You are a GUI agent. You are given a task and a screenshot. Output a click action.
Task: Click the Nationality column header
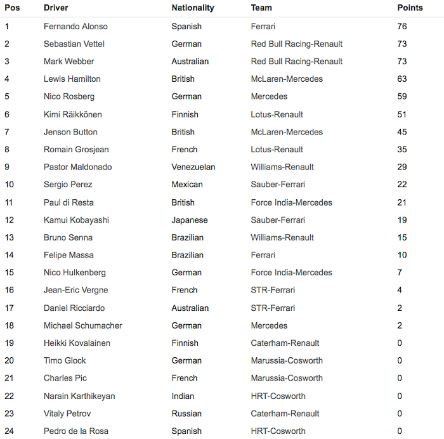[193, 8]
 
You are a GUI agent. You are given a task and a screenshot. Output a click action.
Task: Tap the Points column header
[410, 8]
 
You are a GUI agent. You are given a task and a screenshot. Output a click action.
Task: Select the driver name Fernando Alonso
[75, 27]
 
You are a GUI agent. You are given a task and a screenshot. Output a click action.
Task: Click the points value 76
[402, 27]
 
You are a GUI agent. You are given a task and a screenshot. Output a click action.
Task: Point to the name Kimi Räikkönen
[72, 115]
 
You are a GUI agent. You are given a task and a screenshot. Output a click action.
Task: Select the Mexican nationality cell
[187, 185]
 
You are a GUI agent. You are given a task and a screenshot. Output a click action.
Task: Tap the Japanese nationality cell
[190, 220]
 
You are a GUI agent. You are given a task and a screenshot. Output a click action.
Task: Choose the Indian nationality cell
[183, 396]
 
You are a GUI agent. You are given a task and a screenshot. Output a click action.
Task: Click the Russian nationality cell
[186, 414]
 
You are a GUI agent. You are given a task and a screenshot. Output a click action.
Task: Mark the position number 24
[10, 431]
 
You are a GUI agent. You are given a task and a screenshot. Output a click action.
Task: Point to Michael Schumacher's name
[83, 325]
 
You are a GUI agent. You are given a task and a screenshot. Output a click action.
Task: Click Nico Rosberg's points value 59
[402, 97]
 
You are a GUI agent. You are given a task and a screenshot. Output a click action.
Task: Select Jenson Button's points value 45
[402, 132]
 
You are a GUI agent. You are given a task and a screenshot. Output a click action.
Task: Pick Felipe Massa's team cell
[263, 255]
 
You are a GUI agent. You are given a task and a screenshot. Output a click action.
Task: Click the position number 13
[10, 238]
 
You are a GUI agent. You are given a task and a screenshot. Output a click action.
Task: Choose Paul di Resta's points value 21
[402, 202]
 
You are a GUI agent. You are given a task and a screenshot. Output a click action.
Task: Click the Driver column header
[56, 8]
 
